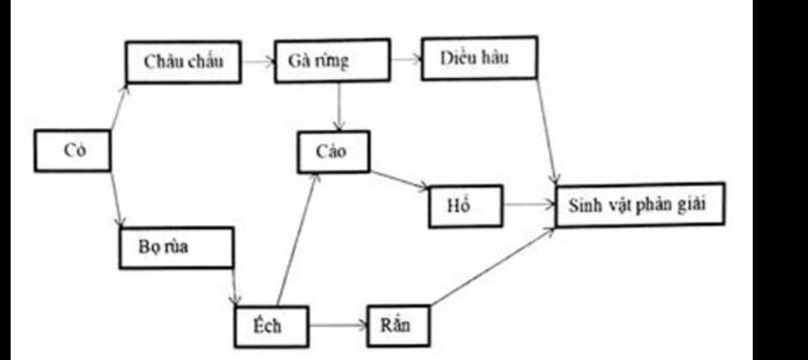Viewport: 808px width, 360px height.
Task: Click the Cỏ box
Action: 73,151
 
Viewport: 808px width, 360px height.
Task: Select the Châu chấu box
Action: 183,62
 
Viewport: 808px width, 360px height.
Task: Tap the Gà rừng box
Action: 331,61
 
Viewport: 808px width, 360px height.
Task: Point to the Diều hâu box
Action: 479,58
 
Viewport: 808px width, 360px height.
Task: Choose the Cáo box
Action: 333,152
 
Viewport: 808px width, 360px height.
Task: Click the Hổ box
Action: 466,206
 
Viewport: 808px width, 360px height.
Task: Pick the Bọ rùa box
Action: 176,248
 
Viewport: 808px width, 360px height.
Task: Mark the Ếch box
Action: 271,325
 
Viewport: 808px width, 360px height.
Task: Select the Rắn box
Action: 398,324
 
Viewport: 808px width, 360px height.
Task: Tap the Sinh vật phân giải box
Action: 639,204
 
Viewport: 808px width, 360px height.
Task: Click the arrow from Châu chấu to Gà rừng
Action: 257,61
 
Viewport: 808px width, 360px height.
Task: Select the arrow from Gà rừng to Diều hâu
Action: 406,59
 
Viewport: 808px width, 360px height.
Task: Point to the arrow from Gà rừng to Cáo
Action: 339,107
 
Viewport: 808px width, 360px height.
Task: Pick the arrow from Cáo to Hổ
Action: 399,181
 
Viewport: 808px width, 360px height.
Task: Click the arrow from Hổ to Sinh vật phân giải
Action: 529,205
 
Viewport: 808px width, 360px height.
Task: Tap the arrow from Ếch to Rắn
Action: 338,324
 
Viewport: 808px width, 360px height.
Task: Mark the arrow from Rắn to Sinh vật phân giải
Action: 492,267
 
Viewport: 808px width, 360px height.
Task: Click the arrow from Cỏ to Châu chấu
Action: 118,108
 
